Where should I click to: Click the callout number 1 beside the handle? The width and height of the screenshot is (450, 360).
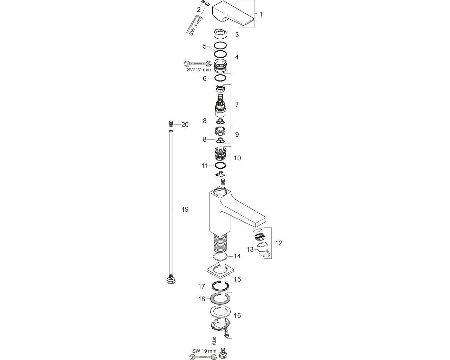pos(261,14)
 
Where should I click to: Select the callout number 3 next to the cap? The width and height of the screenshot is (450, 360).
pos(237,35)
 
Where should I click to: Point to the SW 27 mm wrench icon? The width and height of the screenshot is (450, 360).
pos(197,63)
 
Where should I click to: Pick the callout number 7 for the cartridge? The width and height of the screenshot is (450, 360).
pos(237,105)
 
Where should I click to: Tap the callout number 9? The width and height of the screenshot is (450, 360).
pos(237,134)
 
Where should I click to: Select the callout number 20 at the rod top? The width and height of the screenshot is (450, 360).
pos(185,125)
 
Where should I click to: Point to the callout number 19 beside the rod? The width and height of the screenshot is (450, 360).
pos(185,210)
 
